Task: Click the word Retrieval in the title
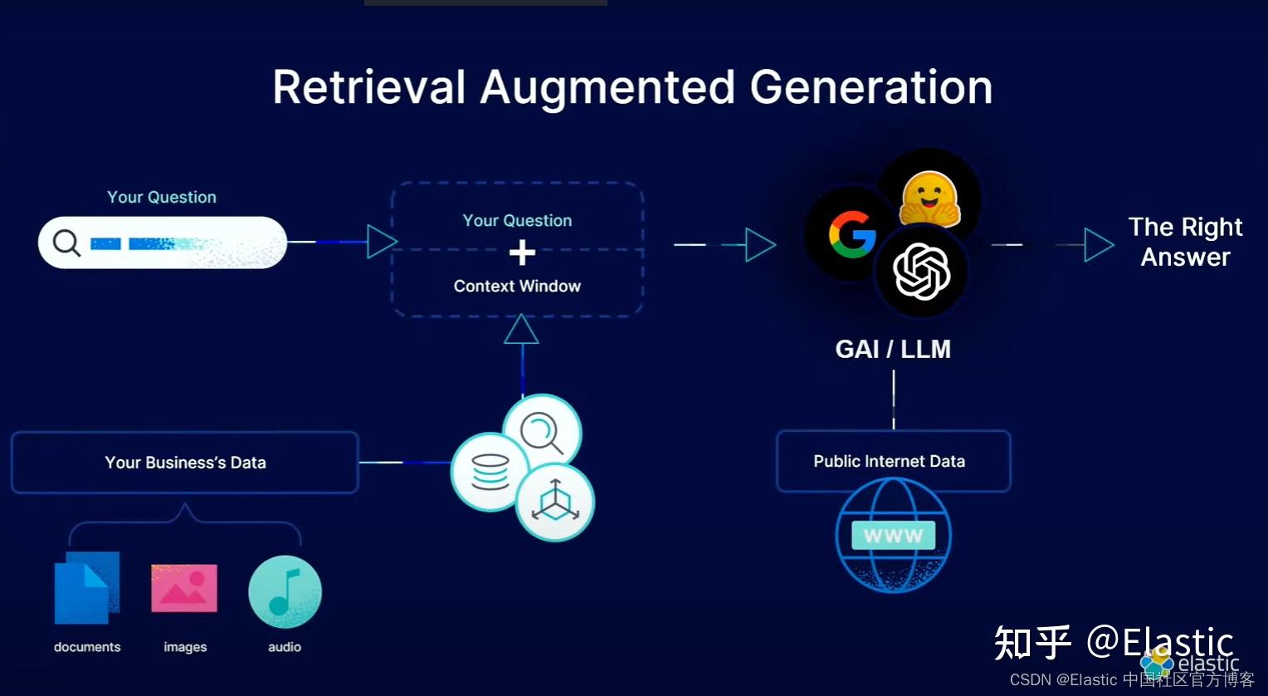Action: (369, 87)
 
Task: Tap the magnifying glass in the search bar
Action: (66, 243)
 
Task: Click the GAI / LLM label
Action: (893, 349)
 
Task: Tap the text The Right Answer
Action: (1185, 242)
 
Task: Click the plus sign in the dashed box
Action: (522, 252)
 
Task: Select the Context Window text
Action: (517, 286)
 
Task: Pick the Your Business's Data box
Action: (185, 463)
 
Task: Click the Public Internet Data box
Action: (893, 461)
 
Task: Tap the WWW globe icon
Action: (893, 536)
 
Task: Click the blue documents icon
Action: (86, 588)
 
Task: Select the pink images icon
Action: (184, 588)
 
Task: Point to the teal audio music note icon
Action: (285, 591)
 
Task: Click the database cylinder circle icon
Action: (490, 472)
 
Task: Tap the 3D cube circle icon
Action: (554, 502)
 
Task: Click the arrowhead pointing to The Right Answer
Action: (1098, 245)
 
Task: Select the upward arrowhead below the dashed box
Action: (522, 330)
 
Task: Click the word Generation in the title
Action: (871, 87)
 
